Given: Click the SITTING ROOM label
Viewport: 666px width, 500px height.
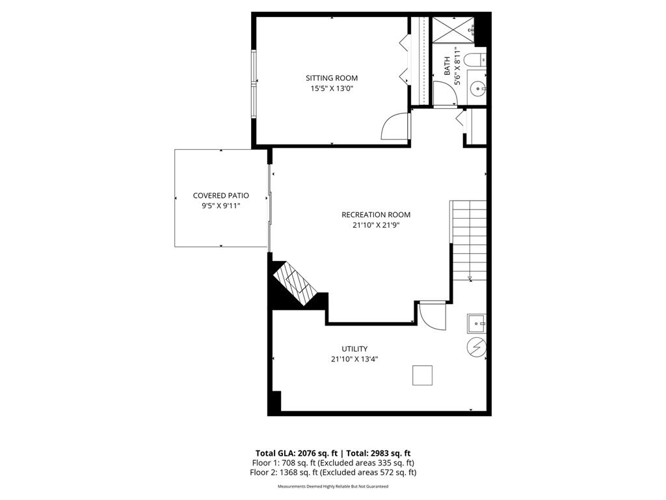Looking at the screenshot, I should coord(332,78).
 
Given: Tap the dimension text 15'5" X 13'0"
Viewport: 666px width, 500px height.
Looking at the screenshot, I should coord(332,89).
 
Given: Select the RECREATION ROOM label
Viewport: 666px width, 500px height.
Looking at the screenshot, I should coord(376,215).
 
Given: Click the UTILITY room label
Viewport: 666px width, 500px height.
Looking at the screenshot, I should coord(354,349).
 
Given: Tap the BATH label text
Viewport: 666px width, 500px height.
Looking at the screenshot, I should coord(447,66).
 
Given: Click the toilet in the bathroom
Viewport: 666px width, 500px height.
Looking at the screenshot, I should coord(477,60).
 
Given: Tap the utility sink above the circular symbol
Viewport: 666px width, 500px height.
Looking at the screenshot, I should coord(477,323).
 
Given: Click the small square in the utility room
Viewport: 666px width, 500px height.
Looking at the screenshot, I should coord(422,376).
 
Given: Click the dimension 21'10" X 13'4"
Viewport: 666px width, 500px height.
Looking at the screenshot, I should coord(354,359).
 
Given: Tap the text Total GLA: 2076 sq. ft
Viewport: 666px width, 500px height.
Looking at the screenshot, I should coord(293,453).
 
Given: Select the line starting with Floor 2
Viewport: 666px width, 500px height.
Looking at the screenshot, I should coord(333,473).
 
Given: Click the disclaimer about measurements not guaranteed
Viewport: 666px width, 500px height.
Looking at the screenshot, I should coord(333,486).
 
